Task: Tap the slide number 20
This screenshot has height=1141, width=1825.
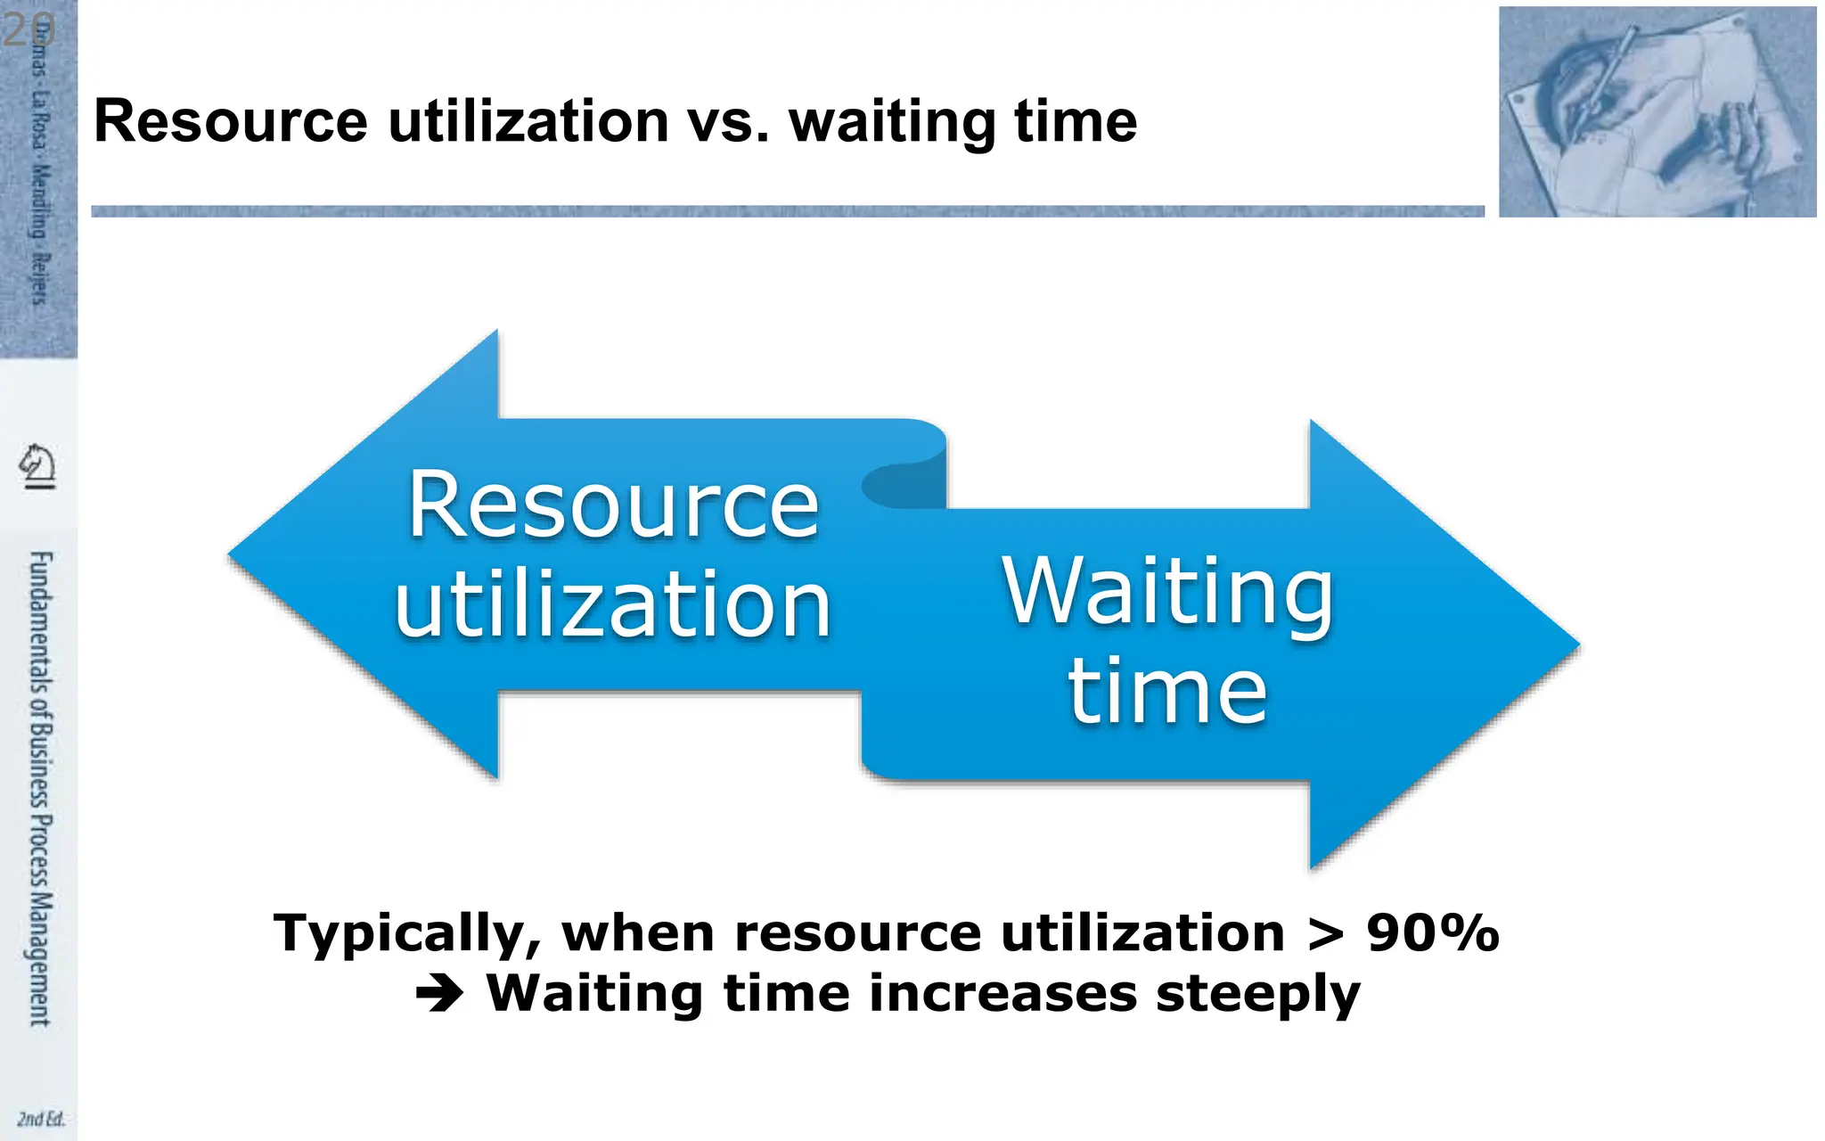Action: (29, 30)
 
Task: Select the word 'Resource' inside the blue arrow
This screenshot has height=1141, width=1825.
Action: (613, 505)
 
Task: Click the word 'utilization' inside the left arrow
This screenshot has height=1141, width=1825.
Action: (613, 605)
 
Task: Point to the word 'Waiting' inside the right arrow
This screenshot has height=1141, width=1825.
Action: (1167, 592)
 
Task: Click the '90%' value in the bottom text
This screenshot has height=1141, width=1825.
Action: (1432, 933)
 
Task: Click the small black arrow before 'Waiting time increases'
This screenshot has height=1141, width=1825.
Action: (440, 994)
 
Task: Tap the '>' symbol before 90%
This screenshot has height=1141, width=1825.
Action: (1326, 934)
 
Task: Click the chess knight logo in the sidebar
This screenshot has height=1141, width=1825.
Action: (37, 465)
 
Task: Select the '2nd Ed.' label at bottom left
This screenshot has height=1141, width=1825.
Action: (41, 1119)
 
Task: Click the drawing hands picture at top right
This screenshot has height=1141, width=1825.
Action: (1657, 111)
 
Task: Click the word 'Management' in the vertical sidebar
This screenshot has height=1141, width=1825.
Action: (40, 959)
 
